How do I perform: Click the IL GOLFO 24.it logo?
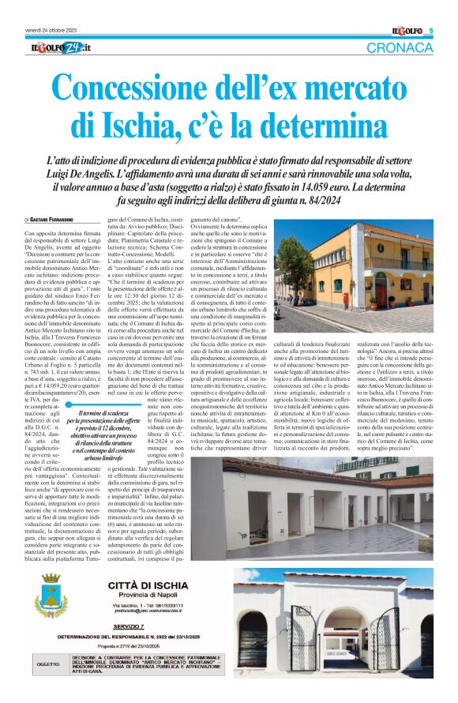point(57,49)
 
